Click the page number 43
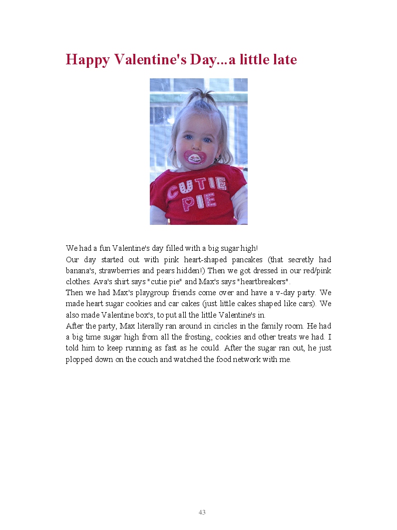pos(202,512)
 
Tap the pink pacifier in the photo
pos(195,157)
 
